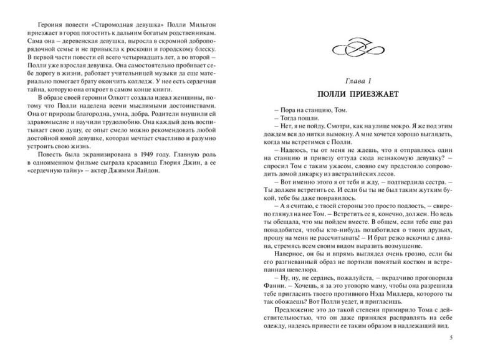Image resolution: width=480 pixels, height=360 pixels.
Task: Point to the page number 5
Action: (451, 338)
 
